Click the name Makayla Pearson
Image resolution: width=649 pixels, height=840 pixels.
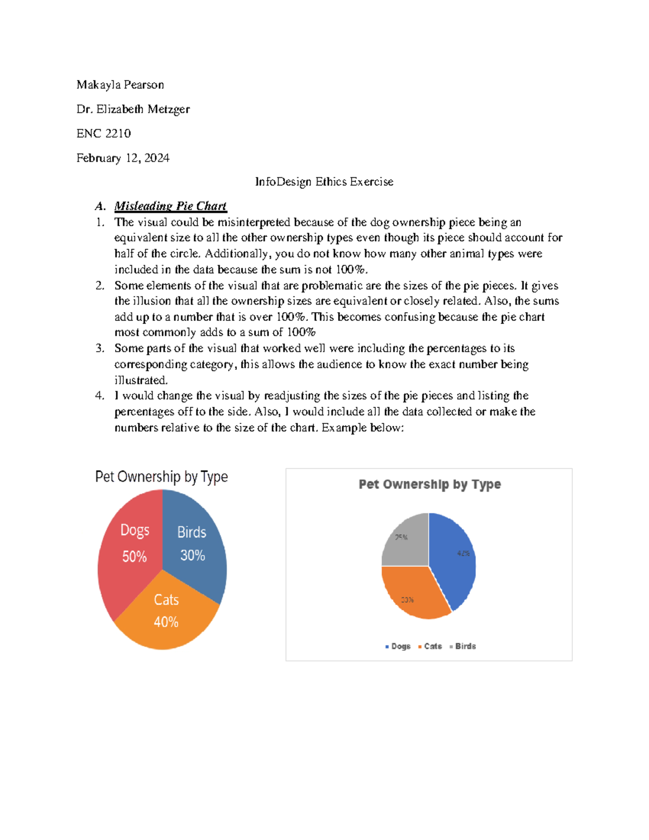point(120,85)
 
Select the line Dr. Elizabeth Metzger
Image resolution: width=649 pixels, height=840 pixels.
point(133,109)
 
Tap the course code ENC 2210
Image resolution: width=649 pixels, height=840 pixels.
point(103,134)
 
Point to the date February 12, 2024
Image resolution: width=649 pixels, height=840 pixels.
point(123,158)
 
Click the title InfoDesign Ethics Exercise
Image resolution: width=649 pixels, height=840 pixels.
point(324,182)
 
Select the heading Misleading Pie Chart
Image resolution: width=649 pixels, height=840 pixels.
point(170,206)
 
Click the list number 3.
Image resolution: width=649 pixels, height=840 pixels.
point(100,348)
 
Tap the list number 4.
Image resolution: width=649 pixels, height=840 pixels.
point(100,396)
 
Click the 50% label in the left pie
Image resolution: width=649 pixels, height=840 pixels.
point(134,557)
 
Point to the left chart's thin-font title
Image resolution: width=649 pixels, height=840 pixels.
point(161,477)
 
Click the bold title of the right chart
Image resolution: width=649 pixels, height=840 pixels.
point(429,484)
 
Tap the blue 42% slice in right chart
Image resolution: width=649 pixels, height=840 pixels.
point(454,563)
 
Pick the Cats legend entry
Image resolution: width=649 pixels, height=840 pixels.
point(431,646)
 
